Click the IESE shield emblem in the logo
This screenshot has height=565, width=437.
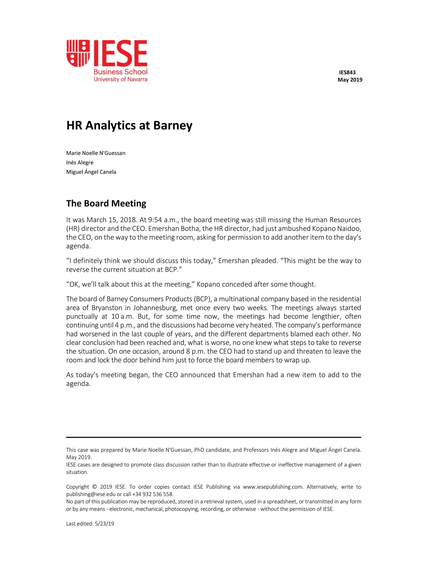click(x=78, y=53)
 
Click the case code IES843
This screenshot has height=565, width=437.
click(x=347, y=73)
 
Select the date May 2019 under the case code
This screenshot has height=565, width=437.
click(x=350, y=80)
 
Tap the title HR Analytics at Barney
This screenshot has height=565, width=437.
click(x=129, y=125)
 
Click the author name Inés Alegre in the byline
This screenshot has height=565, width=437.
click(x=80, y=163)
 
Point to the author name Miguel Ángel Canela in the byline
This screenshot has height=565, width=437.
click(x=91, y=172)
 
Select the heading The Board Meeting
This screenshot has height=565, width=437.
click(x=106, y=203)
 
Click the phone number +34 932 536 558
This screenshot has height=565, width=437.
click(x=153, y=495)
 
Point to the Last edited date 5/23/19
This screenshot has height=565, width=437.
click(x=104, y=524)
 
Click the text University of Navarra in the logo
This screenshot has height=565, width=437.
click(x=120, y=79)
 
